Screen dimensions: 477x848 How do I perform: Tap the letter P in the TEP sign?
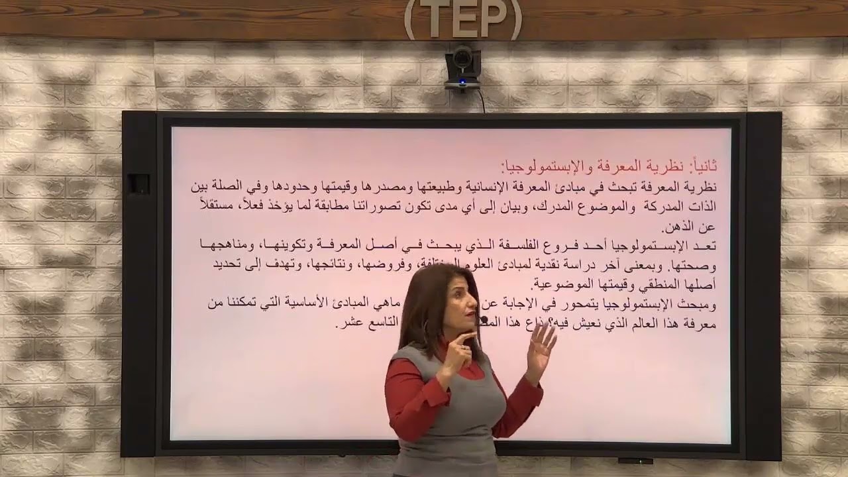[x=496, y=21]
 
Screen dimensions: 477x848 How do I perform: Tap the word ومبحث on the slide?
[x=699, y=305]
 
